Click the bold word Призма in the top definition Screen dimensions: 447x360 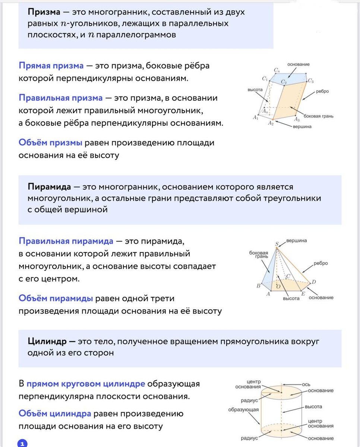44,12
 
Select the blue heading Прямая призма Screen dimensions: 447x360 51,66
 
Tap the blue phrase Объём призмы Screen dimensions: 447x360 50,143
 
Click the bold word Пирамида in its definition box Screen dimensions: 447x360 49,187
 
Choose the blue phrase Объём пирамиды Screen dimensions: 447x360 56,298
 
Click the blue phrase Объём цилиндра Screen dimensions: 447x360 55,413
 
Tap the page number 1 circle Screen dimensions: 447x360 22,443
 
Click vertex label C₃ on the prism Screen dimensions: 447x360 310,81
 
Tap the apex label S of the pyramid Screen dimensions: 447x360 277,244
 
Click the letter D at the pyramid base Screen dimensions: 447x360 314,282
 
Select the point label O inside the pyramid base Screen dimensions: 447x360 278,286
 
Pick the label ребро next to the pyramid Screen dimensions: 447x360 320,263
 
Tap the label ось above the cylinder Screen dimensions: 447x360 306,384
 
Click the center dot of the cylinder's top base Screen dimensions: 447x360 282,392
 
